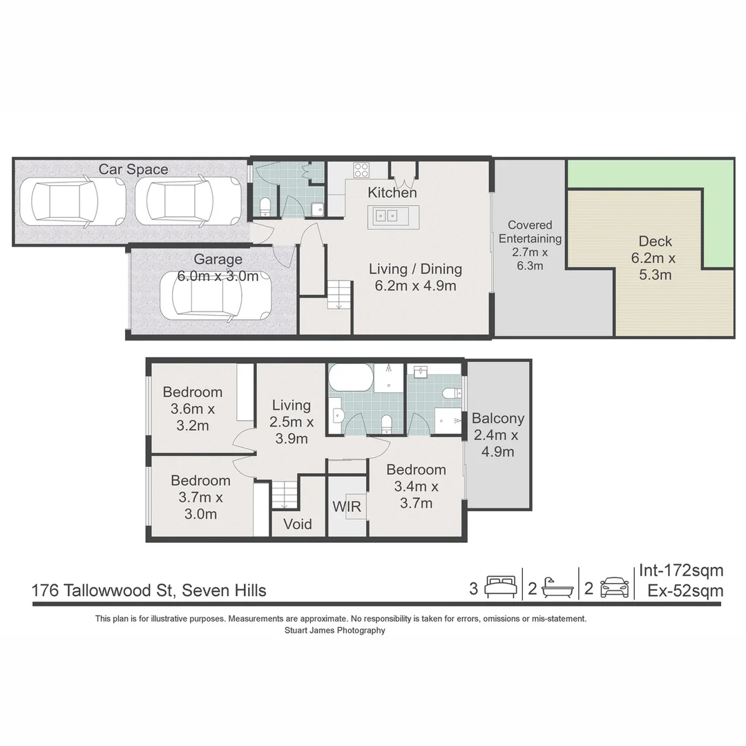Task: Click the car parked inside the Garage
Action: [213, 296]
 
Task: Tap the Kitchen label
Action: [392, 193]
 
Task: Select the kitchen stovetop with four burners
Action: [361, 169]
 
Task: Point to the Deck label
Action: [655, 242]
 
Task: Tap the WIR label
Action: [347, 506]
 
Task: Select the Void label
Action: [298, 524]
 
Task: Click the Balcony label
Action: [498, 419]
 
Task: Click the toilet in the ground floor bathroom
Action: [265, 206]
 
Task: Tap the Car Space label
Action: [133, 169]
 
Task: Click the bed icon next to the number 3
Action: [500, 588]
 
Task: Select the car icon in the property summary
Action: [614, 588]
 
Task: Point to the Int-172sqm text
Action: [681, 571]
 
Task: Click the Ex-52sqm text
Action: [685, 591]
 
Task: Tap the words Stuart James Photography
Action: [335, 631]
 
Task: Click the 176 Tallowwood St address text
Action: [149, 591]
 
